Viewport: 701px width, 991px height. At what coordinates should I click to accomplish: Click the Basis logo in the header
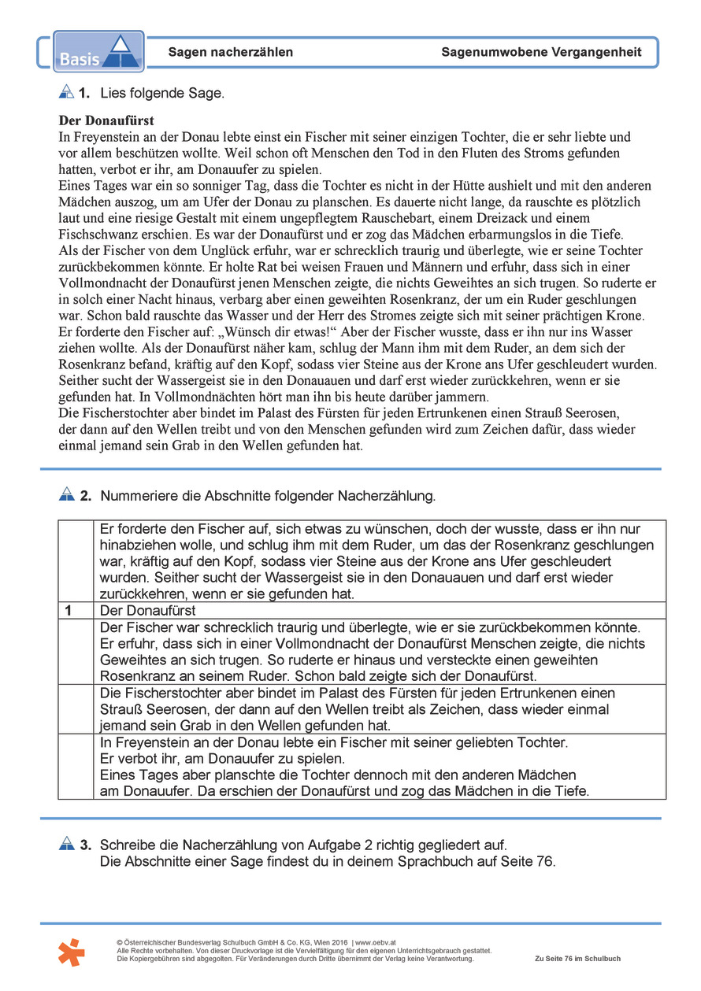(x=98, y=52)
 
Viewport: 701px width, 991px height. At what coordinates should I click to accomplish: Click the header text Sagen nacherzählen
(x=230, y=53)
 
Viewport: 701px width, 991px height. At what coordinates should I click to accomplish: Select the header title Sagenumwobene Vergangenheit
(x=541, y=53)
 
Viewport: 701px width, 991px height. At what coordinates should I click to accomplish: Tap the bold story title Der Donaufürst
(x=106, y=121)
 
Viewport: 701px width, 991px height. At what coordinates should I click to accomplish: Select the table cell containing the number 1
(x=75, y=611)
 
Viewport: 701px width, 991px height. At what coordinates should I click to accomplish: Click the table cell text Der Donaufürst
(x=148, y=611)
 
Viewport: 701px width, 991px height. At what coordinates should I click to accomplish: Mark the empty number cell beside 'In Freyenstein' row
(x=75, y=766)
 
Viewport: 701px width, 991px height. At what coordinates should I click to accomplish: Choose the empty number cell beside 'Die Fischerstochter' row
(x=75, y=708)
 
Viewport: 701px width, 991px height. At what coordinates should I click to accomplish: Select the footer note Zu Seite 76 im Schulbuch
(x=577, y=959)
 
